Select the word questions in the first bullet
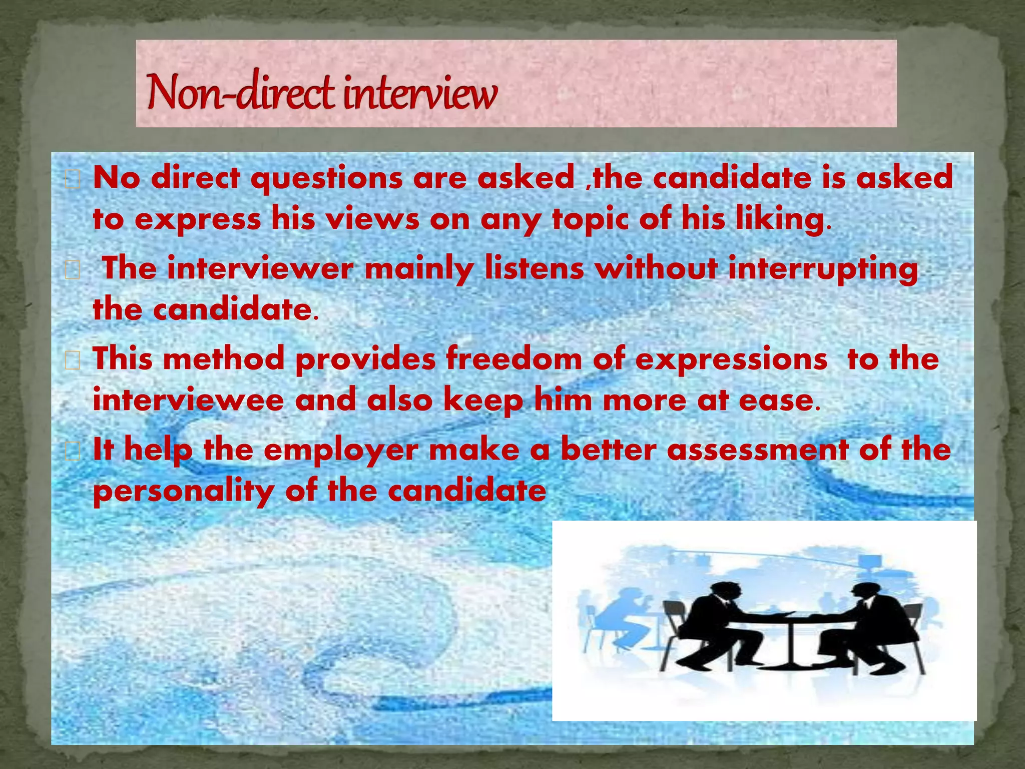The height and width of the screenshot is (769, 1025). point(326,179)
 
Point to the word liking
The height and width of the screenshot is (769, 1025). point(779,220)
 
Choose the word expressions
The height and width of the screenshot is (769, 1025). point(731,360)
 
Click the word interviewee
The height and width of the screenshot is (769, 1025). point(188,400)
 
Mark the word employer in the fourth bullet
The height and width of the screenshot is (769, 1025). point(340,450)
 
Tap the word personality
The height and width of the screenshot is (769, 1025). point(183,491)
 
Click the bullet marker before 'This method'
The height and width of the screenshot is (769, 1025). point(73,360)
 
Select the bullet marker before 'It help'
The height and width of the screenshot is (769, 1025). point(73,451)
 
